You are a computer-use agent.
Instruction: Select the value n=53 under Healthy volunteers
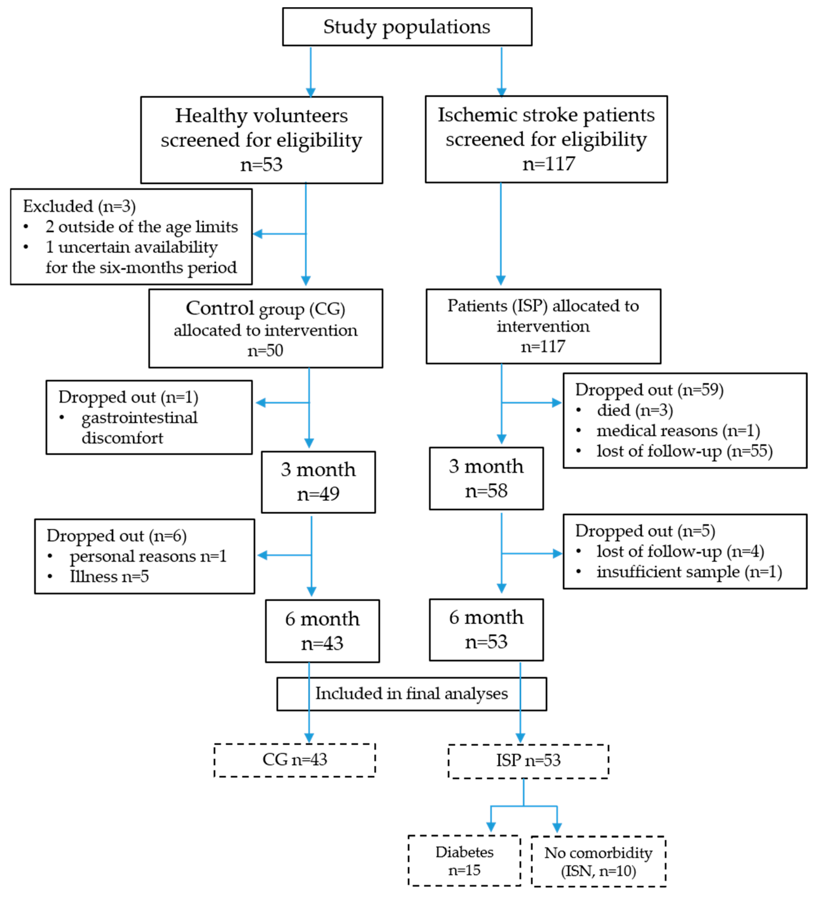pyautogui.click(x=261, y=165)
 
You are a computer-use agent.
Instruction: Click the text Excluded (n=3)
pyautogui.click(x=79, y=206)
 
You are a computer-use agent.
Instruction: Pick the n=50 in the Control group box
pyautogui.click(x=265, y=351)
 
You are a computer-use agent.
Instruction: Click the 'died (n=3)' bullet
pyautogui.click(x=635, y=410)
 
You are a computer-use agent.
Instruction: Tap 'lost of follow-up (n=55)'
pyautogui.click(x=684, y=451)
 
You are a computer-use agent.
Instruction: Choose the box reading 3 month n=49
pyautogui.click(x=318, y=482)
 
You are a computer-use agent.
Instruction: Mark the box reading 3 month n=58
pyautogui.click(x=486, y=478)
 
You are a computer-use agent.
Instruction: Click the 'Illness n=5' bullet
pyautogui.click(x=109, y=576)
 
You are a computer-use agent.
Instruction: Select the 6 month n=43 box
pyautogui.click(x=322, y=631)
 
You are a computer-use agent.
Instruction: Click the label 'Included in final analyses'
pyautogui.click(x=411, y=693)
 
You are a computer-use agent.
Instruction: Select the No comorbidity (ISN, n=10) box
pyautogui.click(x=598, y=861)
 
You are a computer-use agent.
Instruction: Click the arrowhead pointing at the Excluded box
pyautogui.click(x=257, y=234)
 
